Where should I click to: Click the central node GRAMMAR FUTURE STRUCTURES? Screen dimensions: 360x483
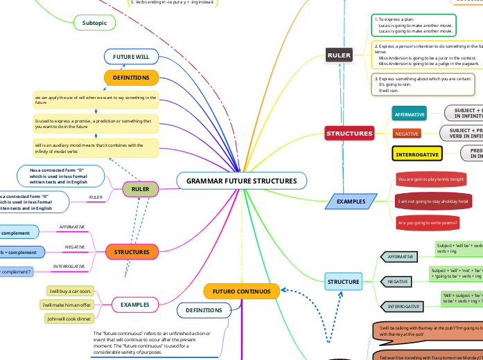coord(241,181)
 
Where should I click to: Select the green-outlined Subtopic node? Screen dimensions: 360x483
coord(94,23)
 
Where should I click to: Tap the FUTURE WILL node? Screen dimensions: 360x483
coord(131,56)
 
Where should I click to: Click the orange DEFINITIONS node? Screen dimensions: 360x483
coord(131,78)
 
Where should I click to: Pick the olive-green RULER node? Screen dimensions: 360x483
coord(141,188)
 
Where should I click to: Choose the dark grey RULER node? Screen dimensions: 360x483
coord(340,54)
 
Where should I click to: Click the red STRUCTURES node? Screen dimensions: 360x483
coord(350,133)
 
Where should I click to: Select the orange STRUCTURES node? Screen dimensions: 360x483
coord(131,252)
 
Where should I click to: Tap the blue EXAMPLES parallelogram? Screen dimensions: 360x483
coord(351,201)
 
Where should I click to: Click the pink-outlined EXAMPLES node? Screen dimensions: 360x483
coord(135,304)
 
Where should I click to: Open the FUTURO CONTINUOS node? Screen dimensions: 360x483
coord(241,291)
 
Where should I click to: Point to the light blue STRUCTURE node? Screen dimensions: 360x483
coord(344,282)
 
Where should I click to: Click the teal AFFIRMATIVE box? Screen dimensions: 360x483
coord(410,114)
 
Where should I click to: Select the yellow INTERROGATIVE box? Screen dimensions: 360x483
coord(416,154)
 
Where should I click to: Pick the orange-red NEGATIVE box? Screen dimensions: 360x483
coord(407,133)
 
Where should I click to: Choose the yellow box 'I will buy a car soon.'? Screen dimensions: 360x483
coord(70,291)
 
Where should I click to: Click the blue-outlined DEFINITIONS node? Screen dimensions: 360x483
coord(204,311)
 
